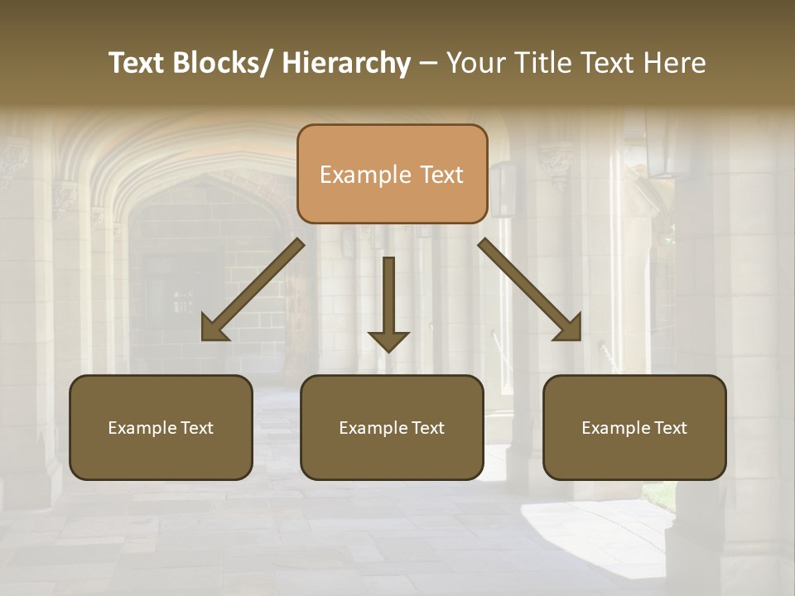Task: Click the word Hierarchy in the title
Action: [346, 64]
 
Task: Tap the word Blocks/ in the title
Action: [218, 64]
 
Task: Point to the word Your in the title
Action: [473, 64]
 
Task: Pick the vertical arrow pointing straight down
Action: [388, 306]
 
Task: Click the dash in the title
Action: [428, 64]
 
